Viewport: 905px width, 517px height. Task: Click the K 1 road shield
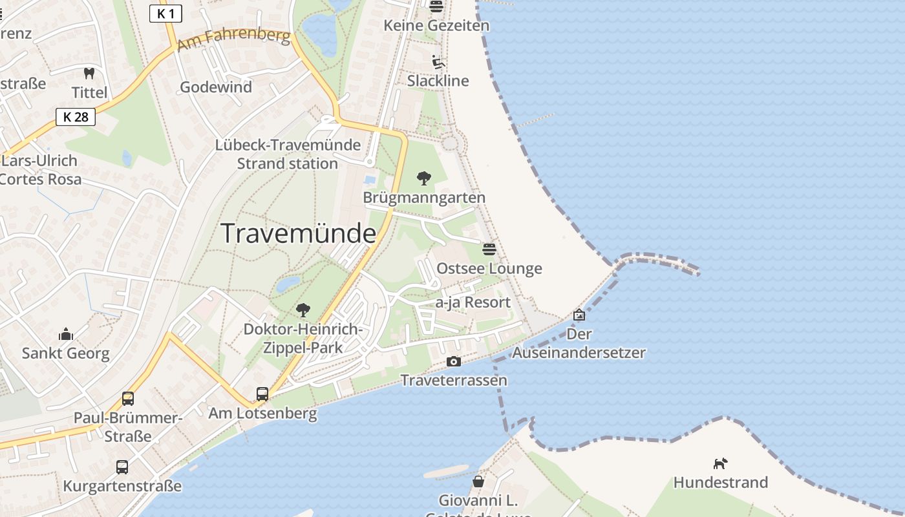click(165, 13)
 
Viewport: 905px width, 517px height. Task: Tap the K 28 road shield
click(76, 117)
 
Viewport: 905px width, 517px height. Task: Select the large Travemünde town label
click(299, 233)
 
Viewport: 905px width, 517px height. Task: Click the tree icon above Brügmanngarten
click(424, 178)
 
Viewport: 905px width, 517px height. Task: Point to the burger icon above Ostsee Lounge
click(489, 249)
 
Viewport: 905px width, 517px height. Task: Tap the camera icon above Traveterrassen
click(454, 361)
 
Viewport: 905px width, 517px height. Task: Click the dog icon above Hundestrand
click(720, 463)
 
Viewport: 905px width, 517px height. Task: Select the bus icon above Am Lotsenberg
click(262, 394)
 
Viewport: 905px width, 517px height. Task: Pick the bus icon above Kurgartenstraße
click(122, 467)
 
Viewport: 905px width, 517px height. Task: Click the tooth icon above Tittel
click(89, 74)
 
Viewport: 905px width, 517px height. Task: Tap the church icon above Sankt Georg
click(66, 334)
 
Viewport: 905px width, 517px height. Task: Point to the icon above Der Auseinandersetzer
click(579, 315)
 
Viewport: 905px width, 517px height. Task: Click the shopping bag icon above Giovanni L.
click(478, 481)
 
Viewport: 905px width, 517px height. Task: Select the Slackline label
click(438, 81)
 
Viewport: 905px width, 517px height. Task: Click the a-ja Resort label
click(473, 302)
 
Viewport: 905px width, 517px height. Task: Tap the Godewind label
click(216, 87)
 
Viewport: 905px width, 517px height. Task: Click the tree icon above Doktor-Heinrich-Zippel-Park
click(303, 310)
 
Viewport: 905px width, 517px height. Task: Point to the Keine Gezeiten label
click(436, 26)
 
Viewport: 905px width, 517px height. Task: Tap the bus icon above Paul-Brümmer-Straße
click(128, 398)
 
